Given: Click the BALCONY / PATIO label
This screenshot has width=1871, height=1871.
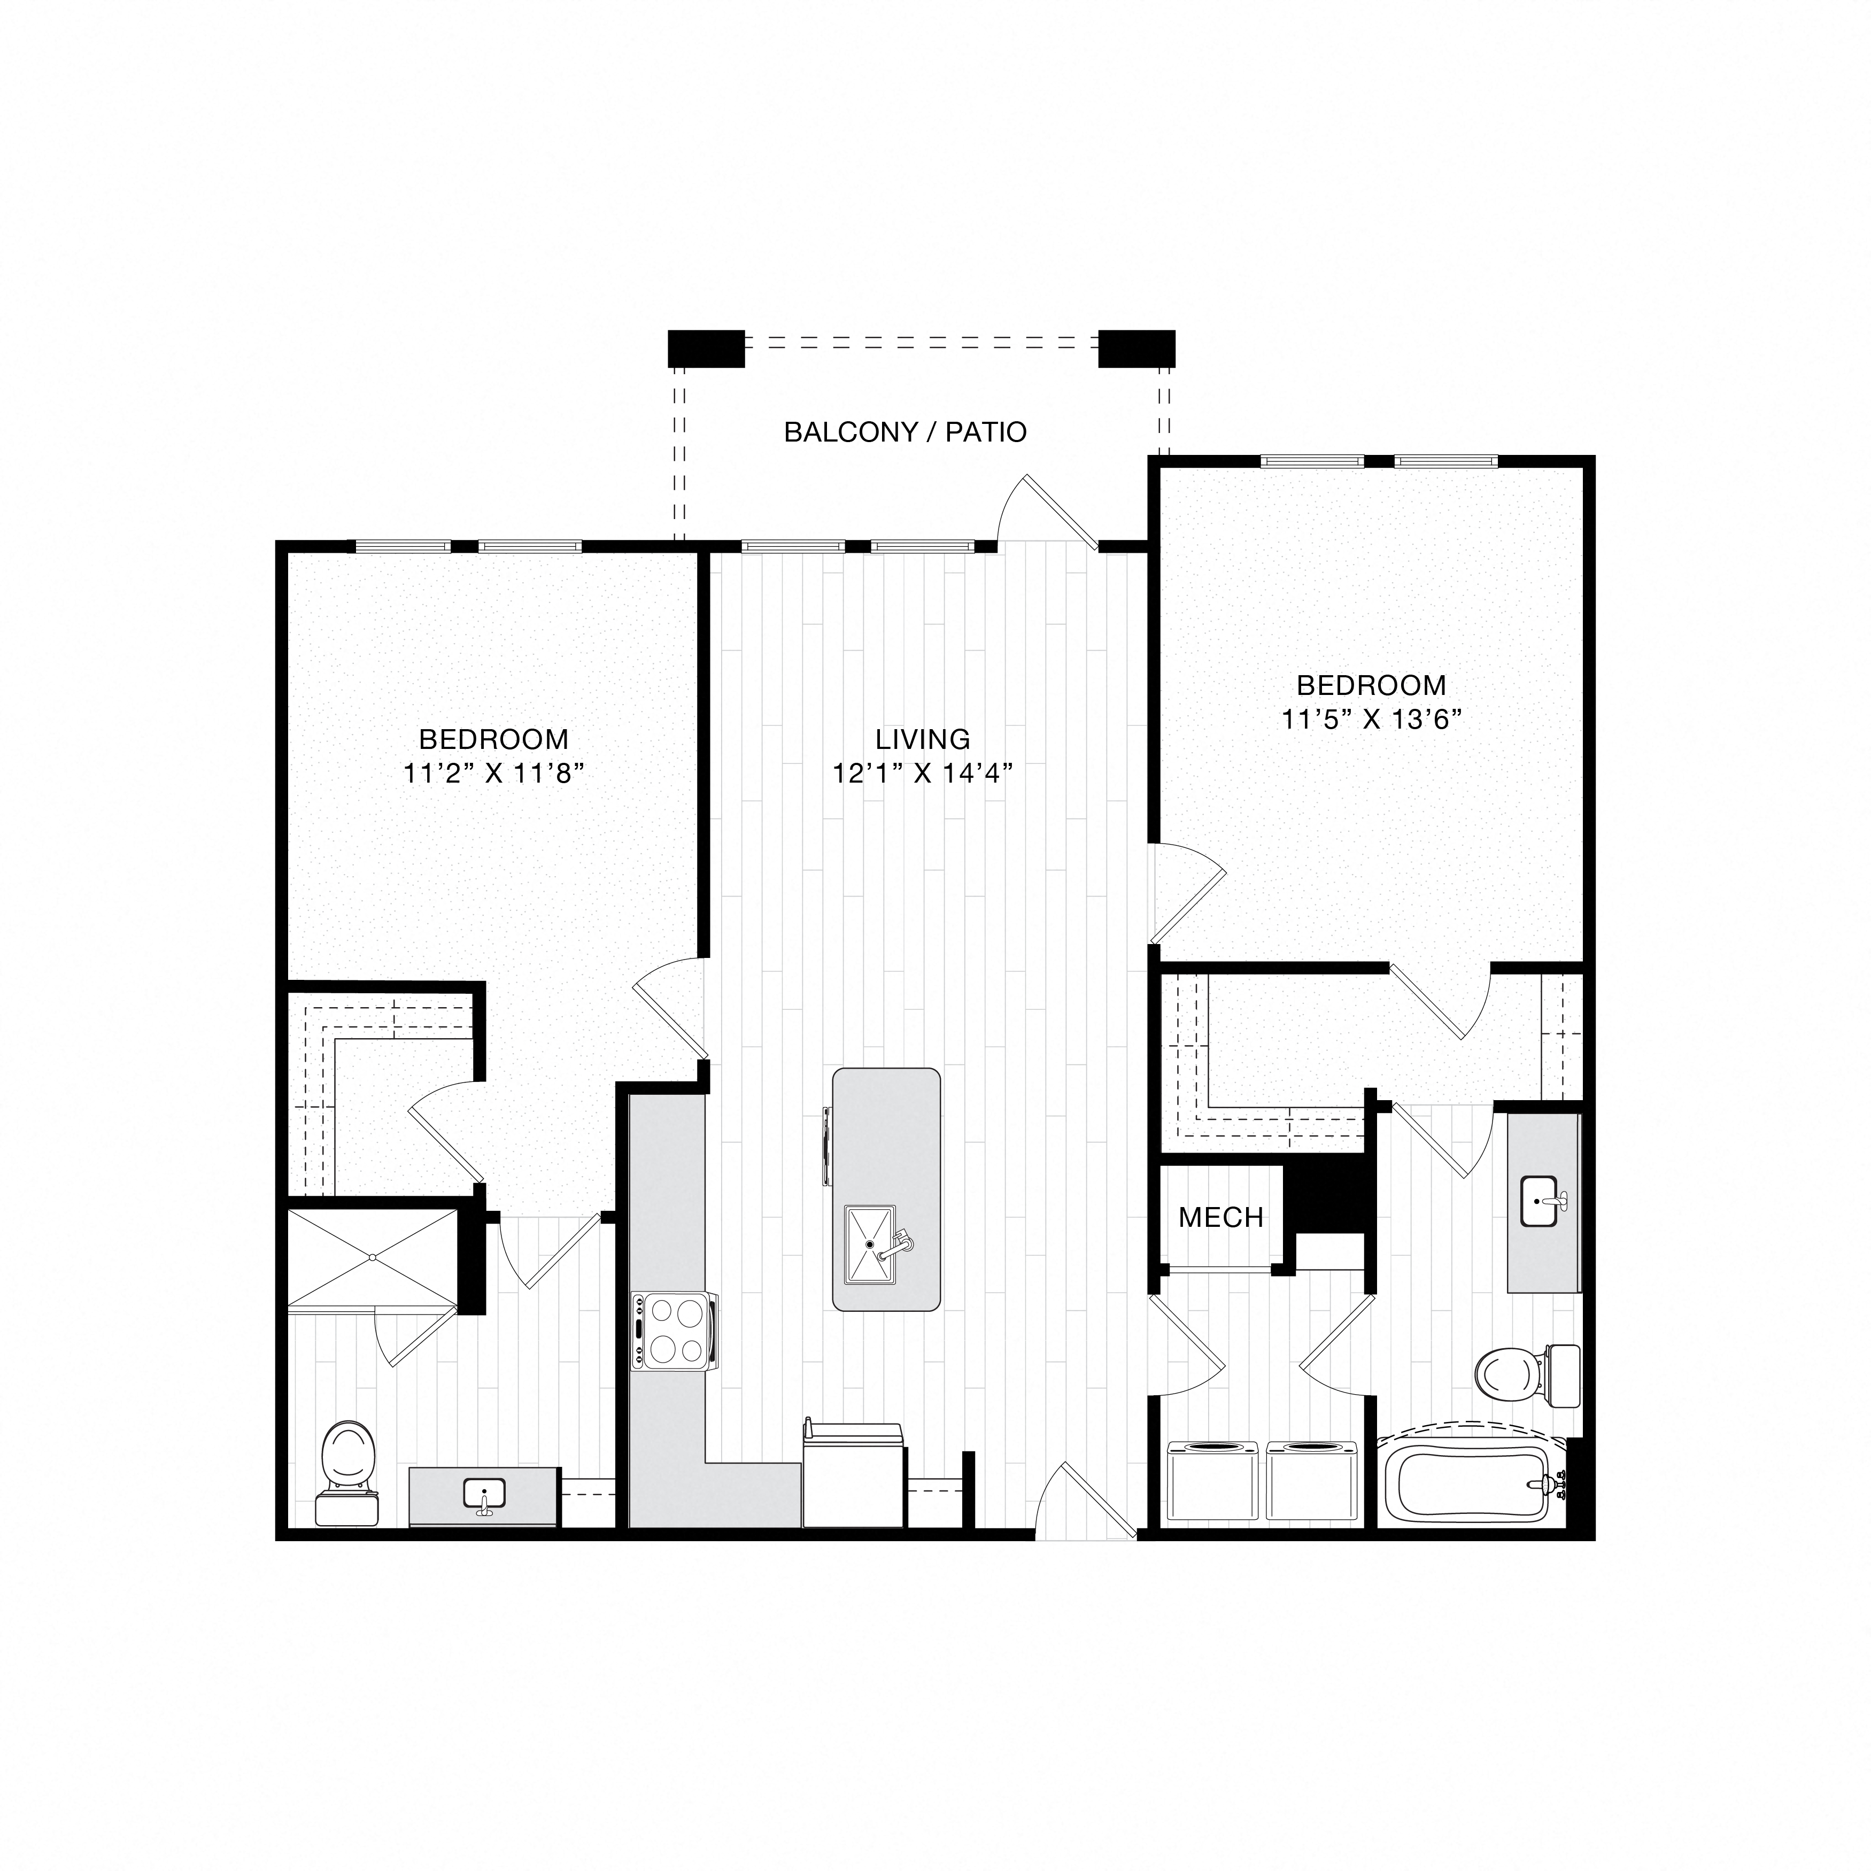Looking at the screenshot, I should click(904, 432).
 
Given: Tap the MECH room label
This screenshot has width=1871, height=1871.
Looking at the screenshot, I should click(1220, 1217).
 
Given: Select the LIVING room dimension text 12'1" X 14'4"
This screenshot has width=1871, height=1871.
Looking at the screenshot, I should click(922, 773).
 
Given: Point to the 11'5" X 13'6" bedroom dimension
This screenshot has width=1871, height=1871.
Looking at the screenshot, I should click(1370, 720).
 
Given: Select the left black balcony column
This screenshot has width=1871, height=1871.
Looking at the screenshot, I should click(706, 349).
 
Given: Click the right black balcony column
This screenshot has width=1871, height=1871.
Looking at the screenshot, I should click(1136, 349).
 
